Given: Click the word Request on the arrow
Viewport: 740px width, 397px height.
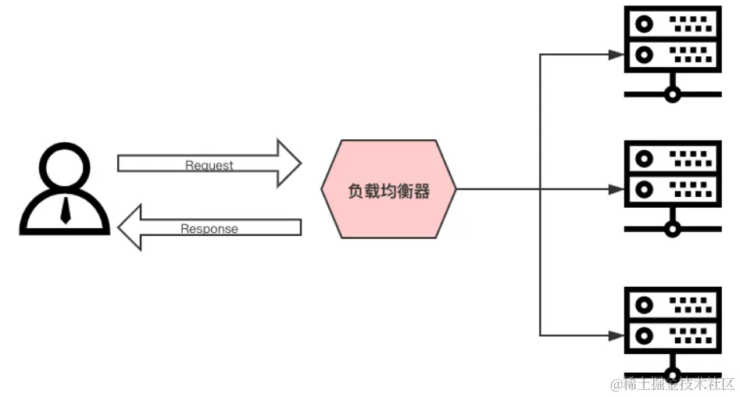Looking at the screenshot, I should pos(209,166).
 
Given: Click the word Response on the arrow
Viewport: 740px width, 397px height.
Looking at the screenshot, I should pos(209,229).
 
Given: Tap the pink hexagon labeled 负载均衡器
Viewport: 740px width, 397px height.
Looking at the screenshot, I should pos(388,190).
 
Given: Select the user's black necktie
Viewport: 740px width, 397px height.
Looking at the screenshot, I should pos(65,209).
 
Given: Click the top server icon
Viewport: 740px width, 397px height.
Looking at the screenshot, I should pos(672,52).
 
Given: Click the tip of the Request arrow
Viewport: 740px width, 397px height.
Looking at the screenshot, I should pos(299,163).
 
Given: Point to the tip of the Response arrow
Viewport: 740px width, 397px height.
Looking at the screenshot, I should pos(120,227).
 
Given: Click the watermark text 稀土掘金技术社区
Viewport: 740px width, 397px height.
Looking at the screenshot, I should pos(672,384).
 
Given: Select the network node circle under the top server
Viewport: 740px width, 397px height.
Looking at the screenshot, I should pos(672,95).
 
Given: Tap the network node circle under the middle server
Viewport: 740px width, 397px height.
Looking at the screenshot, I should pos(672,229).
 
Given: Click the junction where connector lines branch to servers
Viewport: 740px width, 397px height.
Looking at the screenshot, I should pos(540,189).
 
